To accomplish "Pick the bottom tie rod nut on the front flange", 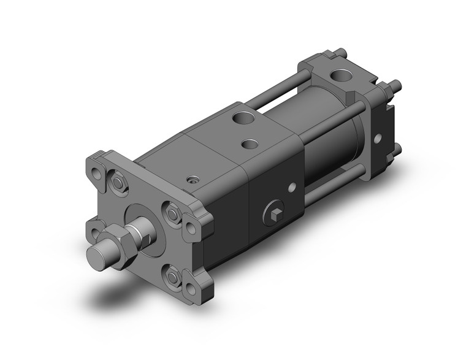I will [x=174, y=279].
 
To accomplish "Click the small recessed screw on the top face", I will [x=194, y=180].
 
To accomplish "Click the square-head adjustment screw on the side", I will [x=273, y=214].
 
